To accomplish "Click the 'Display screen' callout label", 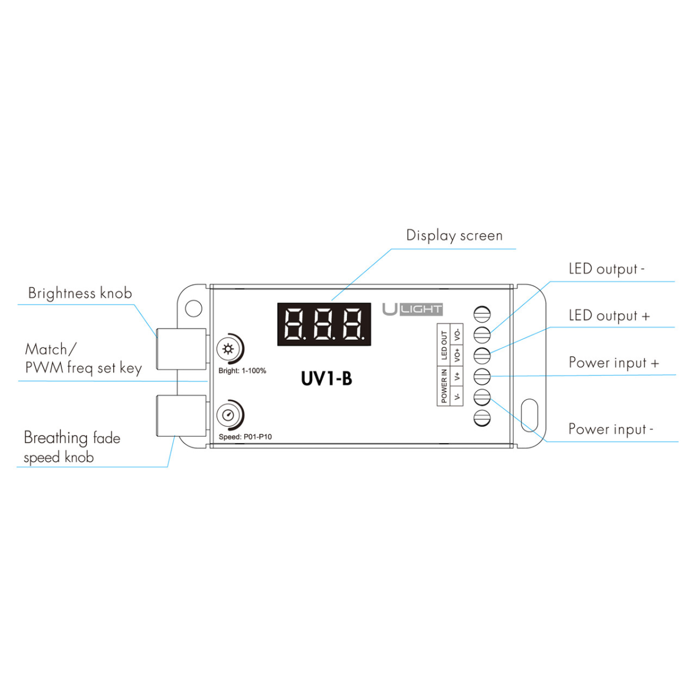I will pos(454,235).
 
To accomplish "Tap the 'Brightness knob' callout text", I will pos(80,293).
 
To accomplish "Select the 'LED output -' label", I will pos(606,269).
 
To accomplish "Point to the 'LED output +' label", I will pos(609,316).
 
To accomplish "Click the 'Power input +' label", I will pos(614,363).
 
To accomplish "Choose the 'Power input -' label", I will pos(610,429).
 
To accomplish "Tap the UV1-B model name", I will pos(327,379).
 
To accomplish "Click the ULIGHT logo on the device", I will pos(412,309).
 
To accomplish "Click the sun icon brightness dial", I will pos(228,349).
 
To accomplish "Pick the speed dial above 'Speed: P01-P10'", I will pos(228,415).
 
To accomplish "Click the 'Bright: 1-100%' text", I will pos(242,371).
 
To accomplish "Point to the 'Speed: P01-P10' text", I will pos(245,437).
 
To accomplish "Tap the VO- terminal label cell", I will pos(458,335).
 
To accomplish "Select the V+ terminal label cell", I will pos(458,376).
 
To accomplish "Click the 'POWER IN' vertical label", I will pos(444,385).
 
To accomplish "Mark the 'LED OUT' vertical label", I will pos(444,345).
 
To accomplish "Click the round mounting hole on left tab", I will pos(194,308).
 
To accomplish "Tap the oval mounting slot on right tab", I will pos(529,415).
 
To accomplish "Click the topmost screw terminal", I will pos(482,314).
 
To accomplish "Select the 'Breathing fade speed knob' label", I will pos(72,447).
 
